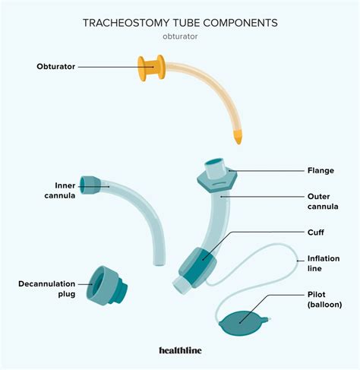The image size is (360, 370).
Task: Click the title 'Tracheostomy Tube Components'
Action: (x=179, y=24)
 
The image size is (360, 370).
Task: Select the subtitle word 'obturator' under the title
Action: (x=179, y=37)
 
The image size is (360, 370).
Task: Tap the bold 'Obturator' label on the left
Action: (x=56, y=67)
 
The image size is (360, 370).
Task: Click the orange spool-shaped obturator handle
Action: (x=150, y=68)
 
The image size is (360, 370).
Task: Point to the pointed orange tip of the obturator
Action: (x=238, y=139)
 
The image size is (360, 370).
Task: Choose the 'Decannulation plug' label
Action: (x=45, y=289)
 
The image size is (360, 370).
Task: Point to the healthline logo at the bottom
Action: (x=179, y=351)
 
